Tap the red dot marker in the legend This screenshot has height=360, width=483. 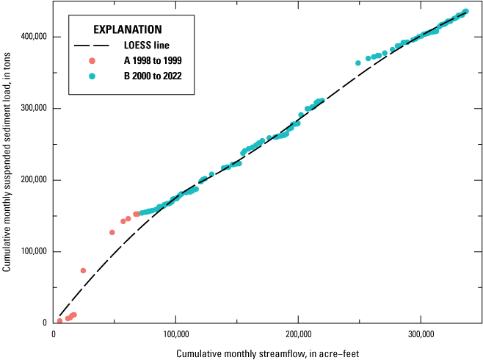pos(92,61)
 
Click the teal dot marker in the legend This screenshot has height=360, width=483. pos(92,76)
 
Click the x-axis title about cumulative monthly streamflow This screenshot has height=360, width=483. pos(267,353)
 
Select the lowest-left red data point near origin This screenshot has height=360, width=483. pos(59,321)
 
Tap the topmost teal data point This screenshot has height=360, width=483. pos(465,12)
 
